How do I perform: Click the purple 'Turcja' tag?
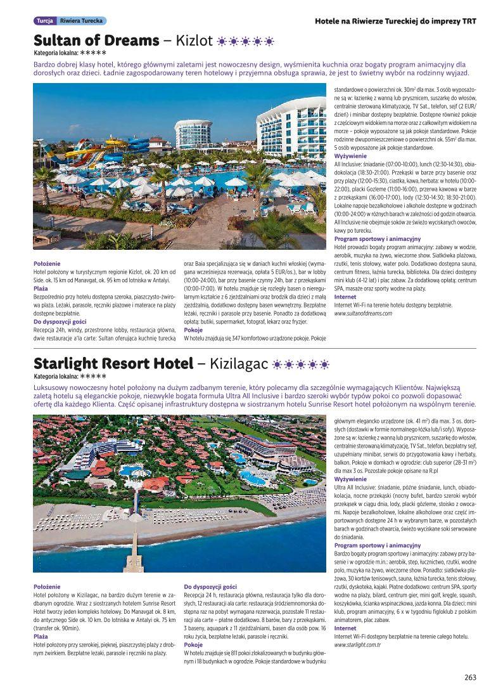tap(44, 21)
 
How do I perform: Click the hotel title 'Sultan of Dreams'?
tap(96, 41)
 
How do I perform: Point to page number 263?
tap(469, 677)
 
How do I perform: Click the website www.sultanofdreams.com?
tap(366, 313)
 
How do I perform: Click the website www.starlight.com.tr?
tap(357, 644)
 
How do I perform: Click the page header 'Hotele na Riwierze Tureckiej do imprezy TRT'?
tap(395, 21)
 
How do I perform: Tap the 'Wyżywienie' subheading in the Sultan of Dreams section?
tap(350, 155)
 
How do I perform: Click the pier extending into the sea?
tap(135, 545)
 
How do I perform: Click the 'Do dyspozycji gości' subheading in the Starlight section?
tap(210, 587)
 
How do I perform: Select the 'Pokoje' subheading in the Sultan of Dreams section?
tap(193, 330)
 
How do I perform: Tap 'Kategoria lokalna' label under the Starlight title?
tap(55, 376)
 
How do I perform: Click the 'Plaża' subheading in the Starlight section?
tap(41, 636)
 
